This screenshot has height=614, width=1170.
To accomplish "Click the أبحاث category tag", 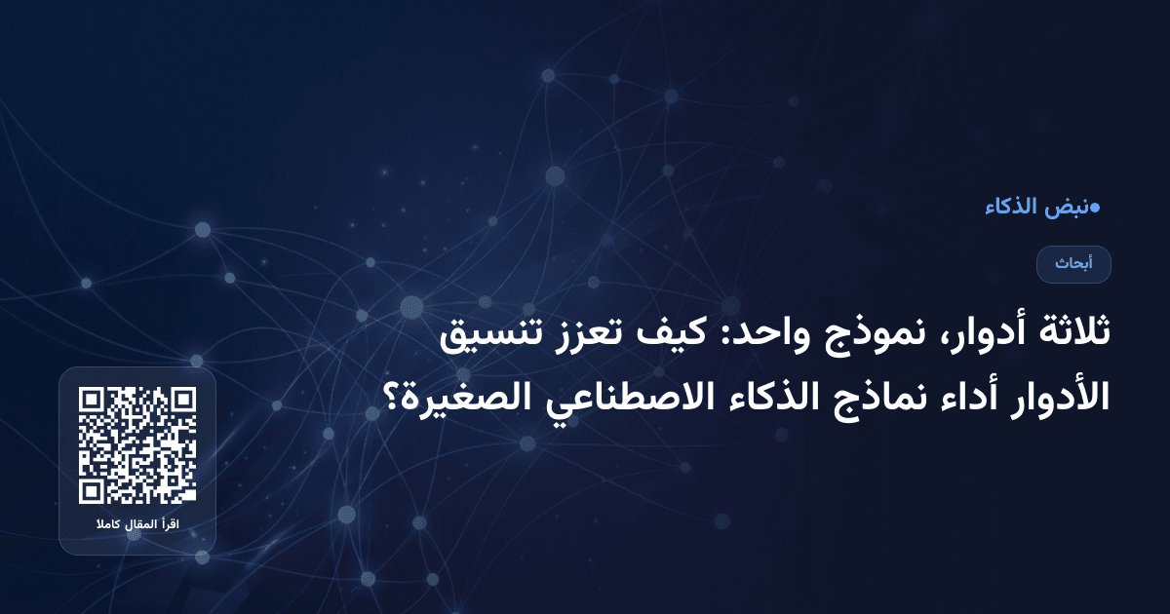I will (x=1073, y=264).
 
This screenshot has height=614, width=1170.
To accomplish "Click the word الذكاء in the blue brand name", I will (x=1011, y=208).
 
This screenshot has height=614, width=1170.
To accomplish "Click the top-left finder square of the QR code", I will (x=93, y=401).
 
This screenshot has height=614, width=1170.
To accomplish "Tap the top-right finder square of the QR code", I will (x=182, y=401).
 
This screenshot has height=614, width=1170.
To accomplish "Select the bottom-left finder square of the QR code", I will (x=93, y=490).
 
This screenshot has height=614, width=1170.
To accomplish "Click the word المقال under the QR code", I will (x=139, y=526).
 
